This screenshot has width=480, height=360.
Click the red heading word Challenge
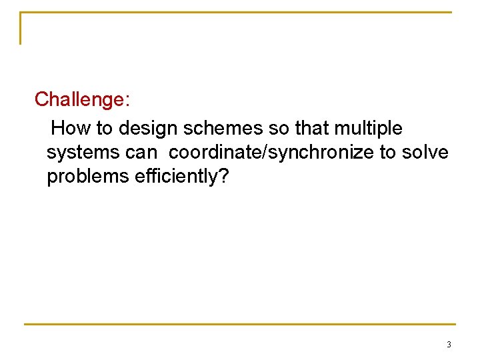81,99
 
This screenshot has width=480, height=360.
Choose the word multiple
369,127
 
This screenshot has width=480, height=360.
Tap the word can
141,153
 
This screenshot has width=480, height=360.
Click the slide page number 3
448,345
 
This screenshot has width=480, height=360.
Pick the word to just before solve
387,152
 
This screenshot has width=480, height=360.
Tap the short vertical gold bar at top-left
21,28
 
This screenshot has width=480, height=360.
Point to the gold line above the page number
240,325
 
